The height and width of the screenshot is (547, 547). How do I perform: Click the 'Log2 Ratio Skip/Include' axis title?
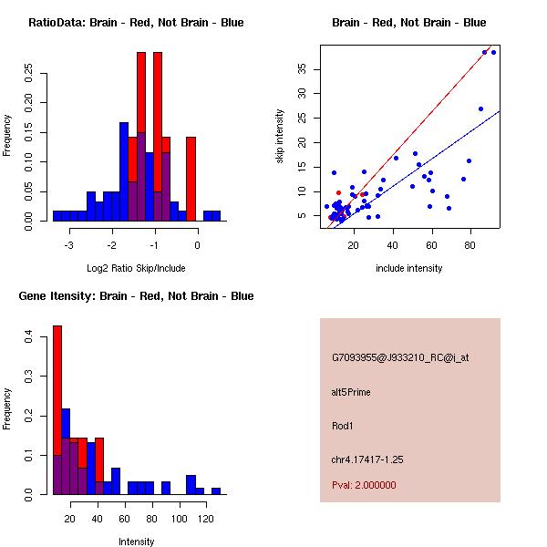pyautogui.click(x=136, y=268)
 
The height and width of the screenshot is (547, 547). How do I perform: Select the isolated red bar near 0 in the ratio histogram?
pyautogui.click(x=191, y=179)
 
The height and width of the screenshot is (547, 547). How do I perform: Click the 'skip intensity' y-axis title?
pyautogui.click(x=280, y=137)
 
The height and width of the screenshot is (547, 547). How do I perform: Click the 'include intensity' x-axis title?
pyautogui.click(x=408, y=268)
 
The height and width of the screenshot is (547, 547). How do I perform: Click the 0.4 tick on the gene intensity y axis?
pyautogui.click(x=29, y=337)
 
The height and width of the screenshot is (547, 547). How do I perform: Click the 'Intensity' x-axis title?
pyautogui.click(x=136, y=542)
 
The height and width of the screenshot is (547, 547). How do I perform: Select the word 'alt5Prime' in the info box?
pyautogui.click(x=350, y=393)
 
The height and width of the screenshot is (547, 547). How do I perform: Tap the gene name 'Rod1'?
pyautogui.click(x=341, y=425)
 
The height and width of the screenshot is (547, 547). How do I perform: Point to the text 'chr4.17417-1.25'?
pyautogui.click(x=366, y=459)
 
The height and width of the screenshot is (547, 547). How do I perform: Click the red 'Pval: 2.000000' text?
pyautogui.click(x=364, y=485)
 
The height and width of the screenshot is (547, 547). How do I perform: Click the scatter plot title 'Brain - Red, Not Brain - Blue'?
pyautogui.click(x=408, y=23)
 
